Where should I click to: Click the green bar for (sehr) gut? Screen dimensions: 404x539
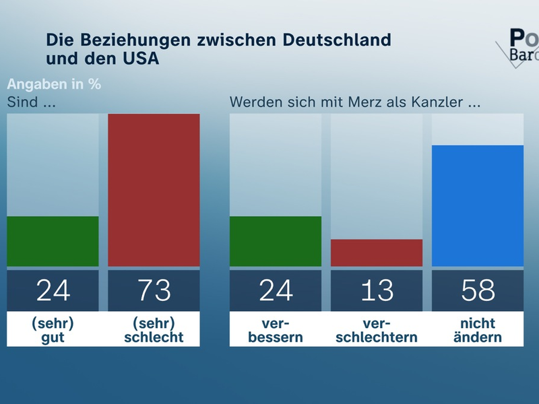tap(53, 241)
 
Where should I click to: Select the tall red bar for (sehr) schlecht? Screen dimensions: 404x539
tap(154, 190)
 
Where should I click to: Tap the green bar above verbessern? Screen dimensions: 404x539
tap(275, 241)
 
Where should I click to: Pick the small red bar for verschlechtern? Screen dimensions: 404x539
tap(376, 252)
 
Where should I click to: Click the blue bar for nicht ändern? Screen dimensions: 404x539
tap(477, 205)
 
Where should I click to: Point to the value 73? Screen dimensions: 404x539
tap(154, 290)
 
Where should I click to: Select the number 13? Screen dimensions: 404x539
tap(376, 290)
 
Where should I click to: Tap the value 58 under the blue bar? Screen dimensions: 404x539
tap(477, 290)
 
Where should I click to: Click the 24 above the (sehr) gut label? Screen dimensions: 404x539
tap(53, 290)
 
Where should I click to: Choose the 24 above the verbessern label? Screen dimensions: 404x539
tap(275, 290)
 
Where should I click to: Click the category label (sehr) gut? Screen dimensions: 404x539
tap(53, 330)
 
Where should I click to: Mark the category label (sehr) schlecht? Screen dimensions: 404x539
tap(154, 330)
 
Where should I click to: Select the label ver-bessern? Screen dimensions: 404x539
tap(275, 330)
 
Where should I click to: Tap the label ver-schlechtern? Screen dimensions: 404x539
tap(376, 330)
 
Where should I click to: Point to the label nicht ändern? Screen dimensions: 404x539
tap(477, 330)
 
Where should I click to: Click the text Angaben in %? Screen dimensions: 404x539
tap(53, 85)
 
